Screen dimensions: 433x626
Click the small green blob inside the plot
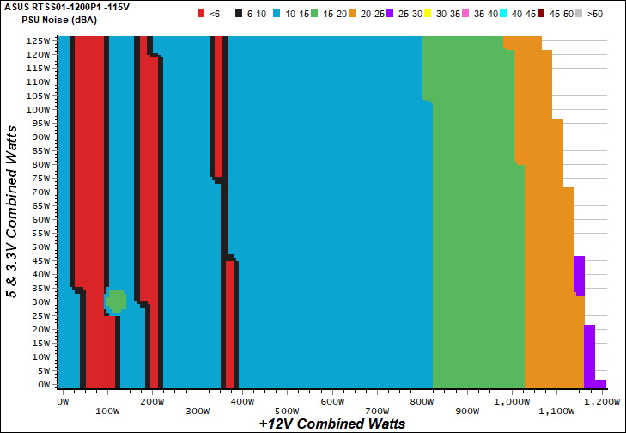[116, 301]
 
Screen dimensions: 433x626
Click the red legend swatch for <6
[201, 13]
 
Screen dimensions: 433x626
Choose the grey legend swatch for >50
[580, 13]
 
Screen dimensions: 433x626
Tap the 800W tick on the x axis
[421, 401]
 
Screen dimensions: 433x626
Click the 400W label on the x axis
[241, 401]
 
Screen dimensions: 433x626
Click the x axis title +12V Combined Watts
[331, 423]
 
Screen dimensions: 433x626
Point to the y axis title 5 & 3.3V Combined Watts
[13, 210]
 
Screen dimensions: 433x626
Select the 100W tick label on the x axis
[107, 411]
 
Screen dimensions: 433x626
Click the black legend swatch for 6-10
[238, 13]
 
